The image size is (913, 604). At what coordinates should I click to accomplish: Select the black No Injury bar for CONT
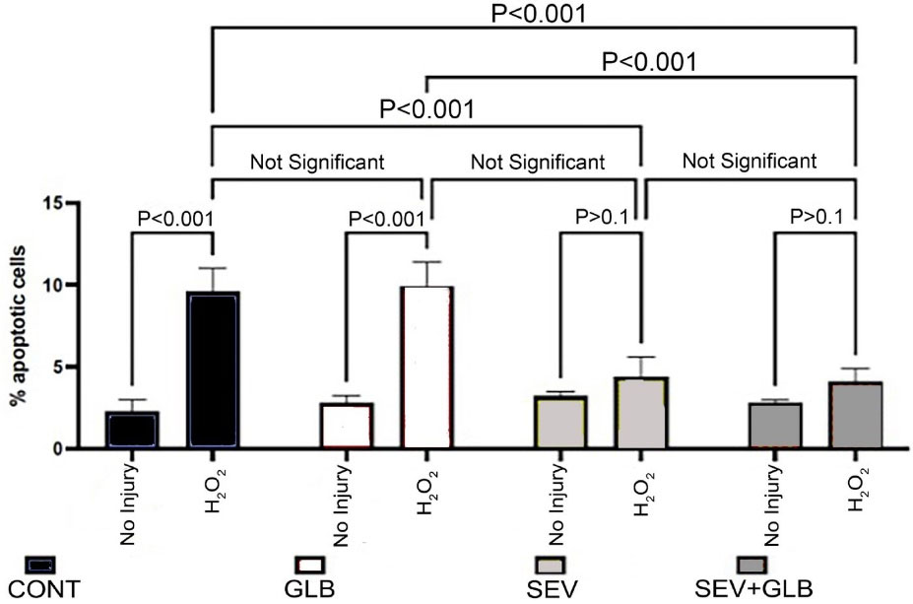(132, 430)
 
